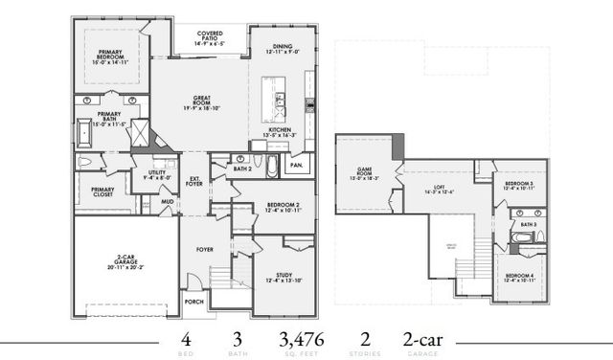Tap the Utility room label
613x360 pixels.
coord(156,174)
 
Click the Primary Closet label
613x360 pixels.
coord(102,191)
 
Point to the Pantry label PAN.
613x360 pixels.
coord(297,166)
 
